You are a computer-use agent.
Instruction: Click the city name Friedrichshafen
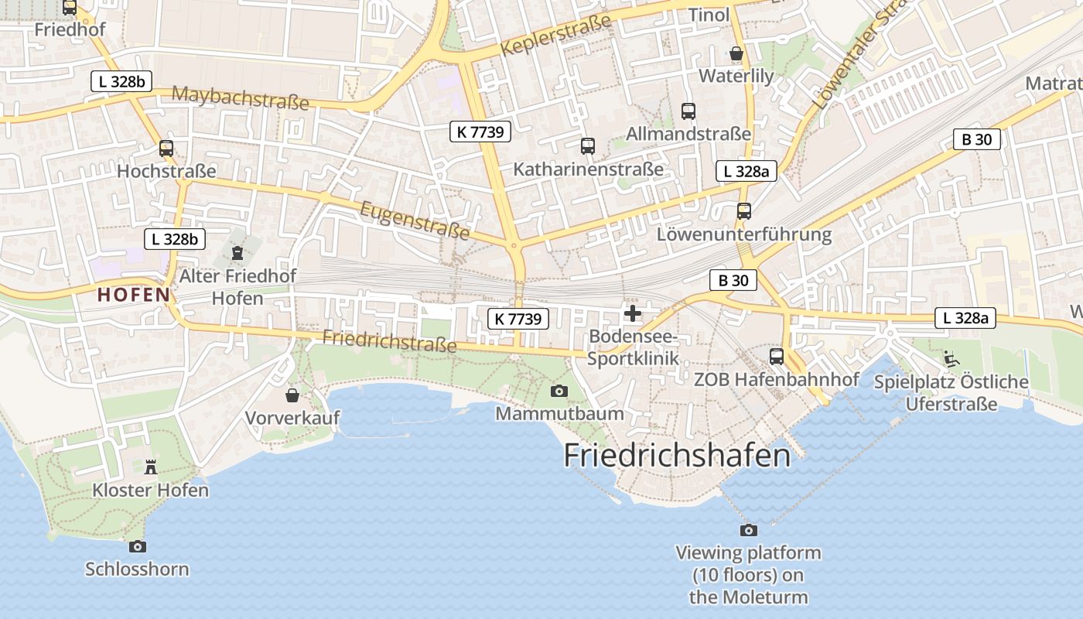click(x=677, y=455)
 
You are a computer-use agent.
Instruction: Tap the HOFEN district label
click(x=133, y=295)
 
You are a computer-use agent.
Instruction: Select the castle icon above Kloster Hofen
click(x=151, y=467)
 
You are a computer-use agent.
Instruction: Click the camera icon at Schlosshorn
click(x=137, y=546)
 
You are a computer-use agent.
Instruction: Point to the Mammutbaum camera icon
click(x=559, y=391)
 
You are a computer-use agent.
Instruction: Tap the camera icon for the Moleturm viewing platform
click(x=748, y=530)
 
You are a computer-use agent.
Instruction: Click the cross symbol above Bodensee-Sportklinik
click(x=633, y=313)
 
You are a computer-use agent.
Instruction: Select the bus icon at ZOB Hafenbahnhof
click(x=777, y=357)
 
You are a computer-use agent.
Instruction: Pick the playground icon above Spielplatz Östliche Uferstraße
click(x=951, y=359)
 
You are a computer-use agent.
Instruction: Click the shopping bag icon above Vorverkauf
click(x=292, y=395)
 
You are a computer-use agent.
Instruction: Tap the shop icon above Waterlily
click(x=736, y=53)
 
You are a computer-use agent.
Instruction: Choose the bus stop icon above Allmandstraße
click(x=688, y=111)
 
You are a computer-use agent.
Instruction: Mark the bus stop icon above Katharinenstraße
click(x=588, y=145)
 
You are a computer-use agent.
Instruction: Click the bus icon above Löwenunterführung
click(x=744, y=210)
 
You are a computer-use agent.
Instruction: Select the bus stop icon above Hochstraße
click(x=166, y=149)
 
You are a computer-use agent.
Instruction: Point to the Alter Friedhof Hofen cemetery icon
click(x=237, y=252)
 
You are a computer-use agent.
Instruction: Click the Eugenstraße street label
click(x=415, y=220)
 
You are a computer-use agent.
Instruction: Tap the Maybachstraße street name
click(x=240, y=97)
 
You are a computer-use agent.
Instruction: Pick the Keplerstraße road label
click(x=555, y=36)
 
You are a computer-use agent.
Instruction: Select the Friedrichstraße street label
click(x=389, y=340)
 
